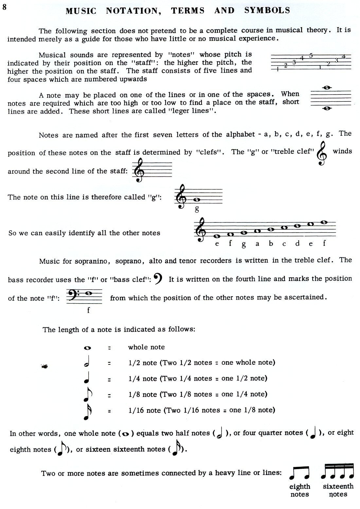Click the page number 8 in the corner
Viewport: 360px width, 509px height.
(4, 7)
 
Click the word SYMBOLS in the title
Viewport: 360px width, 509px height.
(267, 10)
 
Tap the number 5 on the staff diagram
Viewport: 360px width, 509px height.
(311, 55)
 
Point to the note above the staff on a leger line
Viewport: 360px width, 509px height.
(325, 88)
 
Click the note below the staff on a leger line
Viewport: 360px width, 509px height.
(325, 109)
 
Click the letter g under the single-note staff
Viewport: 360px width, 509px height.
(197, 209)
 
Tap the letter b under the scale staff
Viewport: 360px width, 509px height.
(271, 243)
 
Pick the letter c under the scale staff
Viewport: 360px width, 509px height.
(284, 244)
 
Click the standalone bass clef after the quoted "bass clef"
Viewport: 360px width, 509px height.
(158, 279)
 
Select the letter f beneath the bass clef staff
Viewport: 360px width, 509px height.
(88, 310)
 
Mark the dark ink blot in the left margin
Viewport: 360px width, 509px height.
(45, 366)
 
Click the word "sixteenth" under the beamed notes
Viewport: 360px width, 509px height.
(338, 486)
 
